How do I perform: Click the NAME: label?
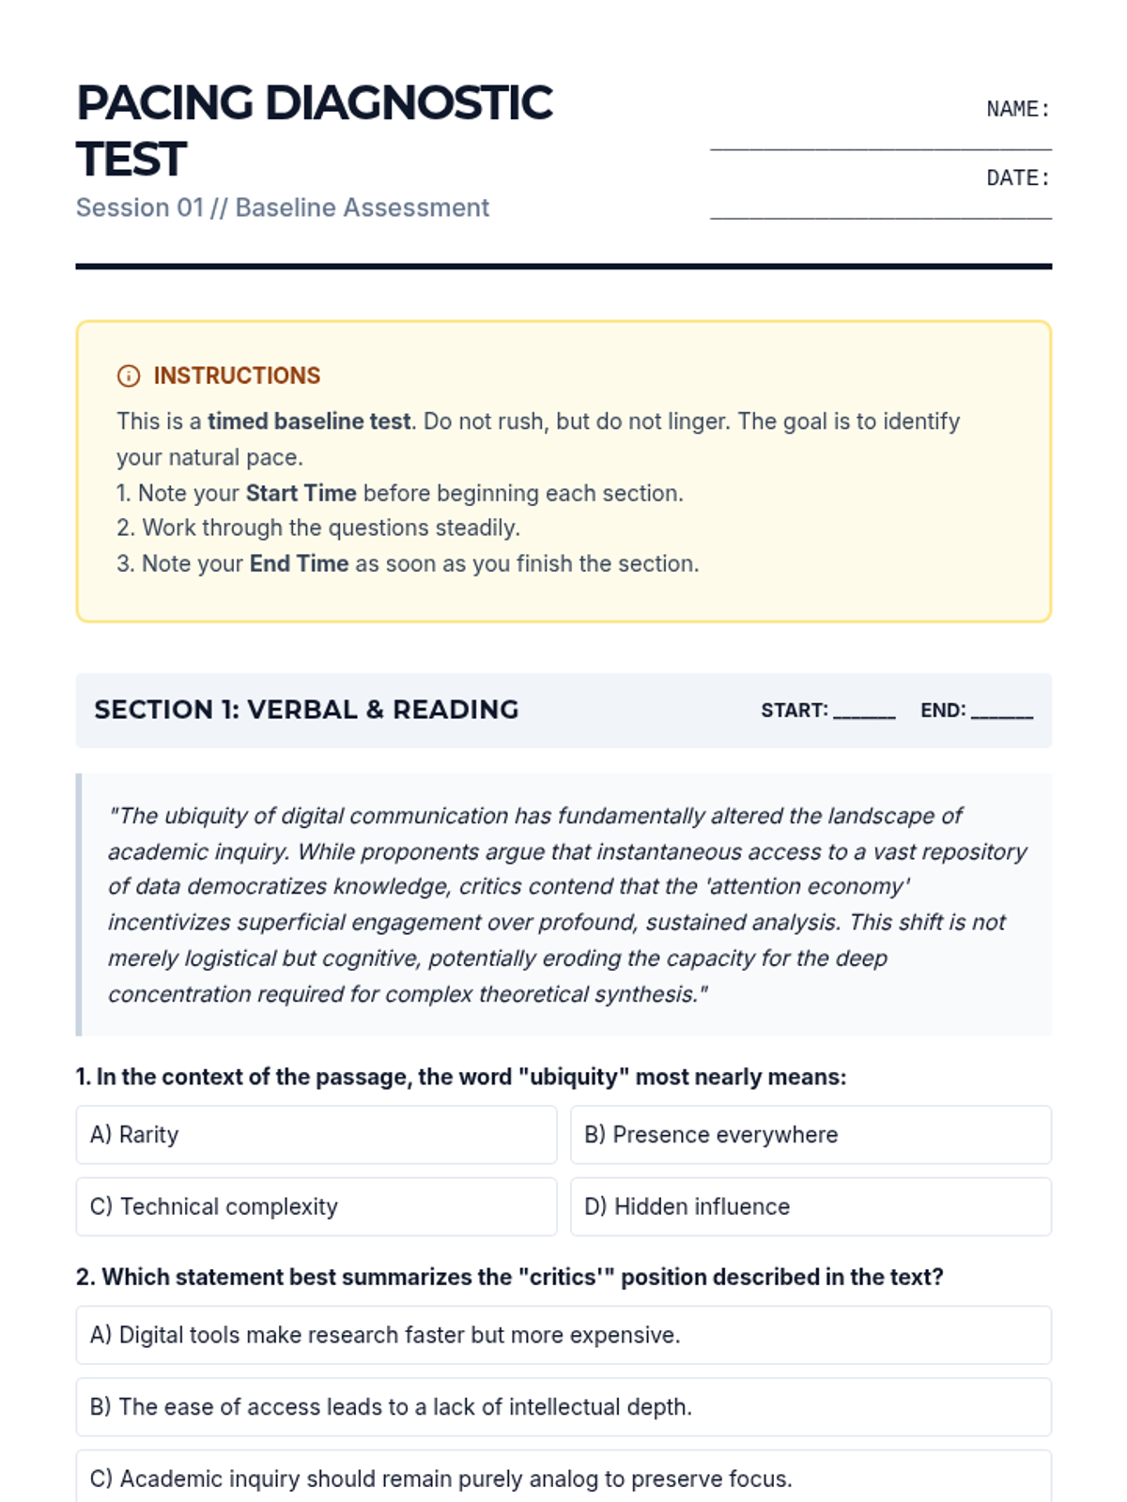coord(1017,109)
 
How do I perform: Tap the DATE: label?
coord(1017,178)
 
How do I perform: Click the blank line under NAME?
coord(880,147)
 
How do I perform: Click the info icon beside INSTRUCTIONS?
coord(129,376)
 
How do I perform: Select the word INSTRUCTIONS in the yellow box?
coord(237,375)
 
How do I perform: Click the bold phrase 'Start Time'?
coord(301,493)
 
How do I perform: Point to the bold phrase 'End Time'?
coord(299,563)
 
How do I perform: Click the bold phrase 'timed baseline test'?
coord(309,421)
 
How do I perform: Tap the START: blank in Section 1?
coord(864,711)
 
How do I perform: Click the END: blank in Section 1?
coord(1001,711)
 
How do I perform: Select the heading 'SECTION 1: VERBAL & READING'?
coord(306,710)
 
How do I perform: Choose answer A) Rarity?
coord(316,1135)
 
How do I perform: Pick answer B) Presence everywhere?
coord(811,1135)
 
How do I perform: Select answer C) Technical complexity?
coord(316,1206)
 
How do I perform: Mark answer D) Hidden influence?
coord(811,1206)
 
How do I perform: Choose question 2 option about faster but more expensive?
coord(563,1335)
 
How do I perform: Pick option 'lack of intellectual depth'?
coord(563,1407)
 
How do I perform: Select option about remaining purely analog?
coord(563,1479)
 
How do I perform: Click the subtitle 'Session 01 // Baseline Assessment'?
coord(283,207)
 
